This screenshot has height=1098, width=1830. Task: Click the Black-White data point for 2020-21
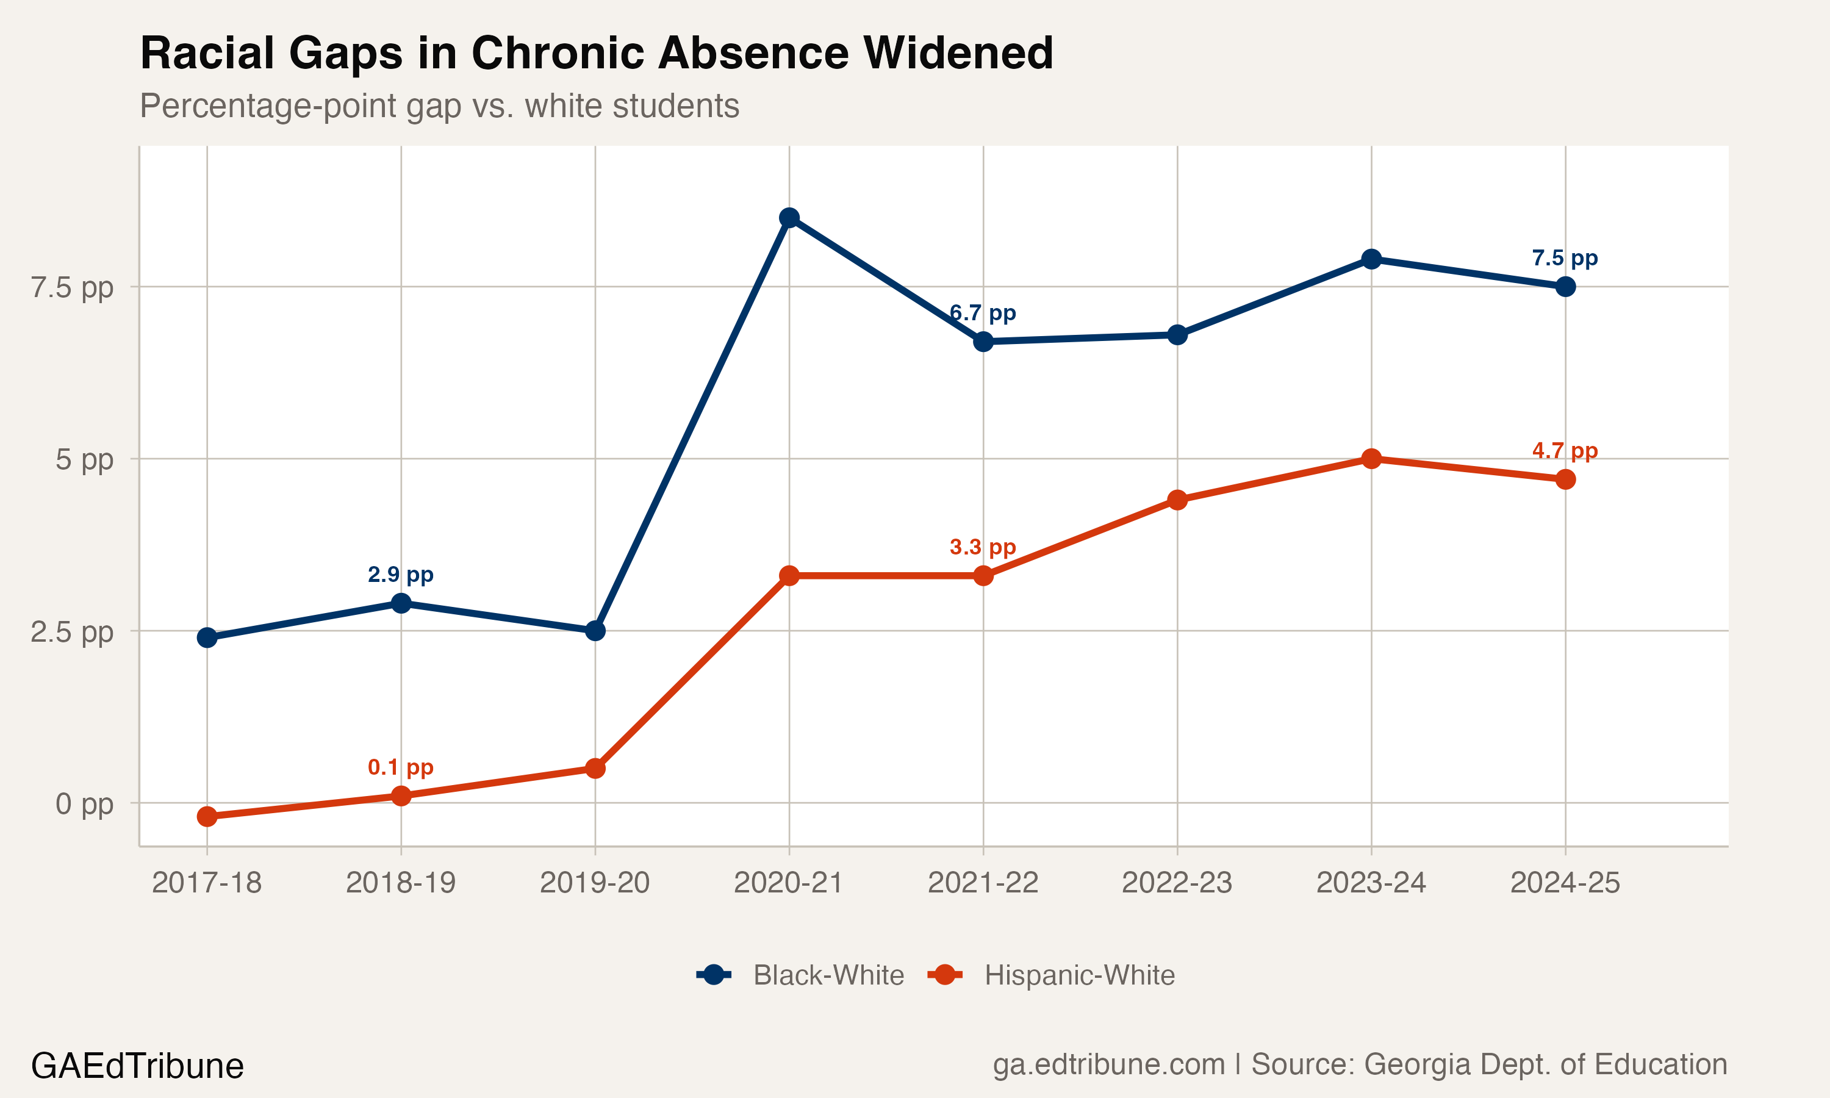click(x=789, y=218)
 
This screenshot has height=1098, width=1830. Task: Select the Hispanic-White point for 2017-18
click(x=207, y=817)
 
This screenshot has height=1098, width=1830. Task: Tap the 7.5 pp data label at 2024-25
click(x=1565, y=258)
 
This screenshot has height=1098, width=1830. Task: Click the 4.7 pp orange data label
click(x=1565, y=451)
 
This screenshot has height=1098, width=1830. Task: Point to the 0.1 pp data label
click(x=400, y=767)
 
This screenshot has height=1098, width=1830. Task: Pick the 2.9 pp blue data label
click(x=400, y=574)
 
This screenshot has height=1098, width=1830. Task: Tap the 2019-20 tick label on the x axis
click(x=595, y=883)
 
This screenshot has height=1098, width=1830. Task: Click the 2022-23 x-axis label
click(x=1177, y=883)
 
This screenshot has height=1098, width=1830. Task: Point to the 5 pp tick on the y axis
click(x=84, y=459)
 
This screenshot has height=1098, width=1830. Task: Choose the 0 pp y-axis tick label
click(x=84, y=803)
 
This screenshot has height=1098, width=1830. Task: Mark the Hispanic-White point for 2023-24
click(x=1371, y=459)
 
